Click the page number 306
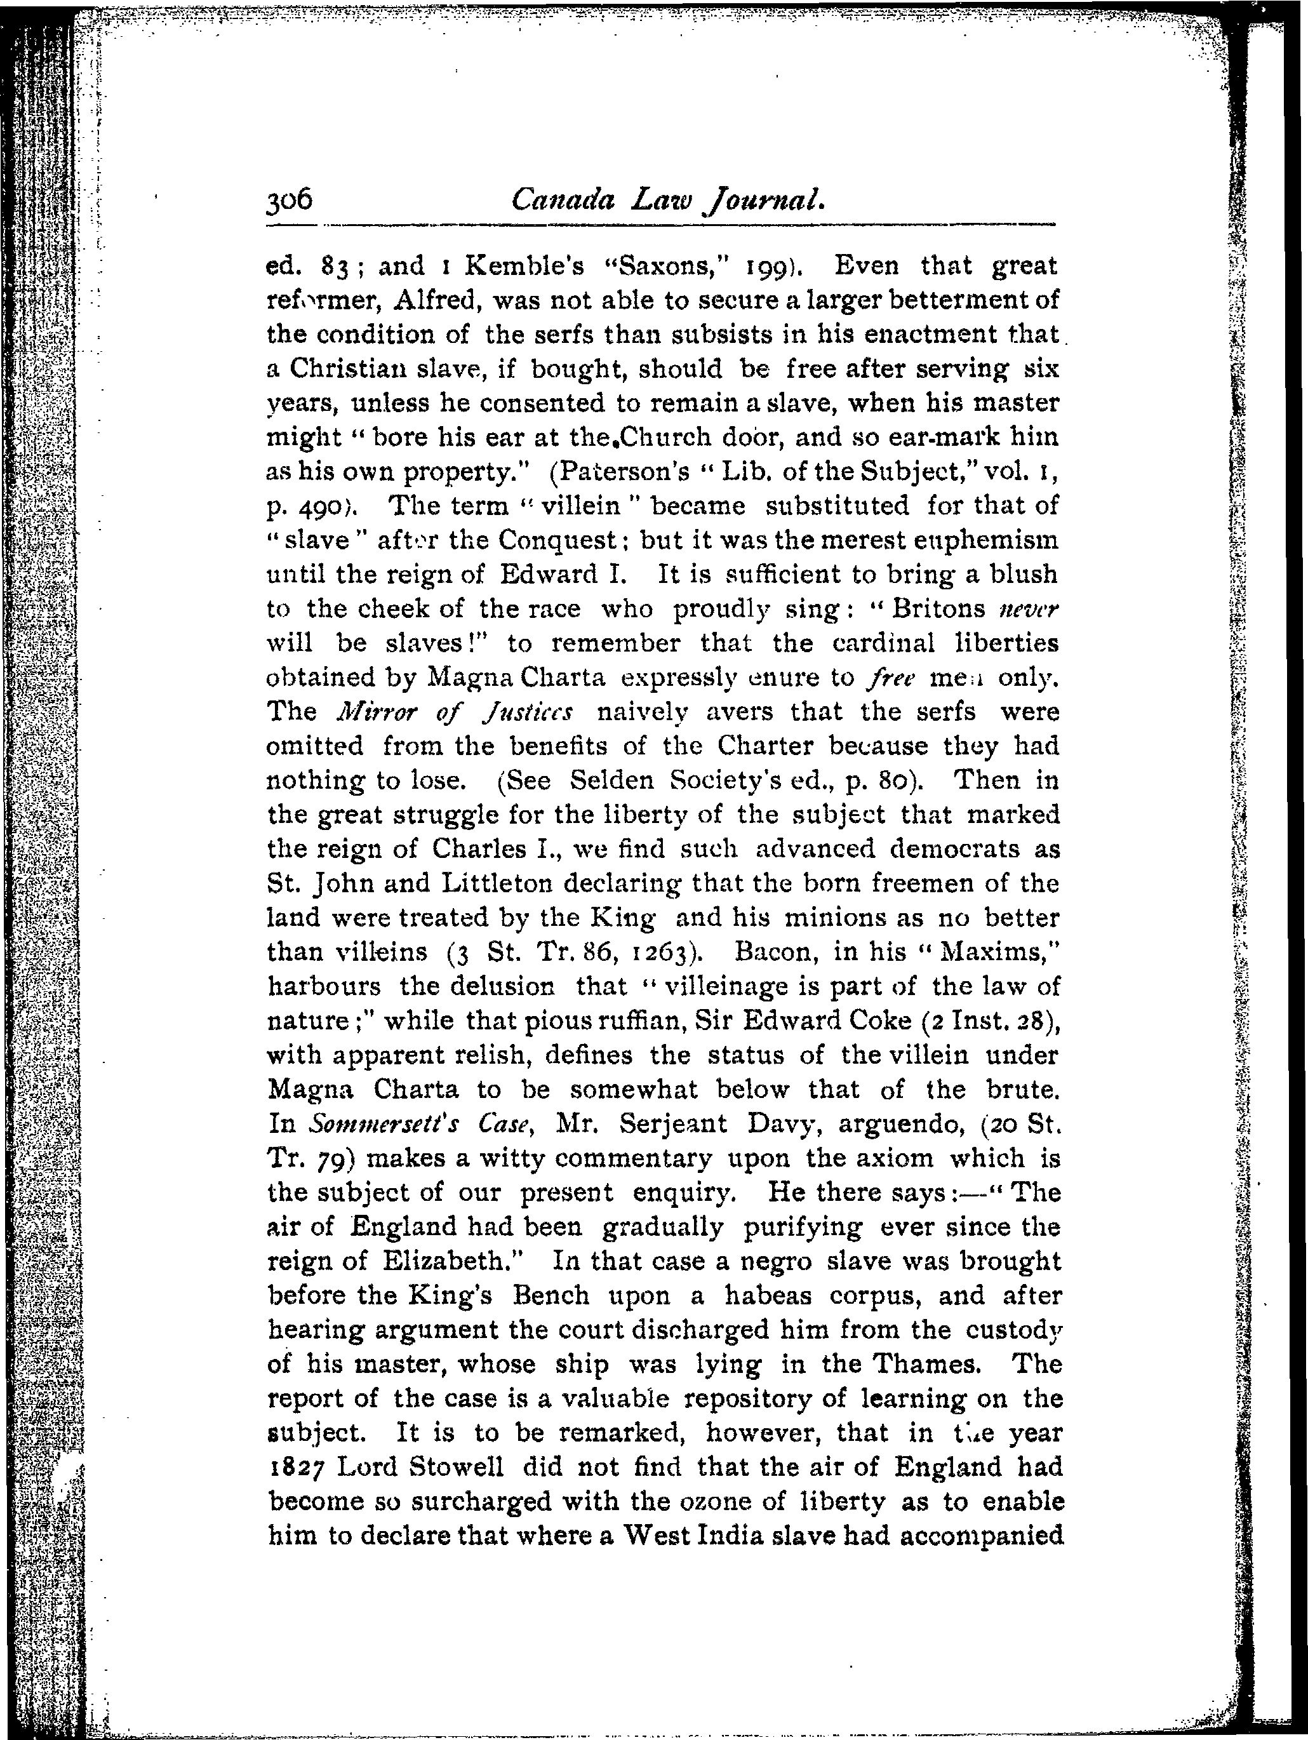click(x=290, y=201)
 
